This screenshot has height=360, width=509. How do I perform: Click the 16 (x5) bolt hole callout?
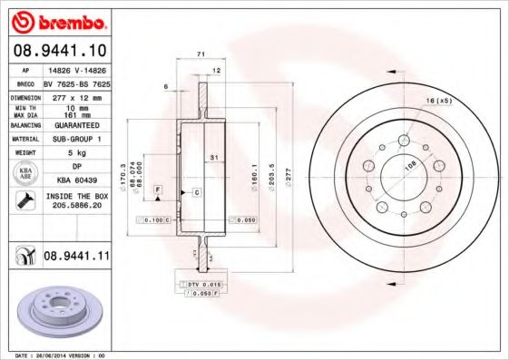click(438, 100)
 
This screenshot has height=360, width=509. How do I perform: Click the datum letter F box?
click(158, 190)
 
